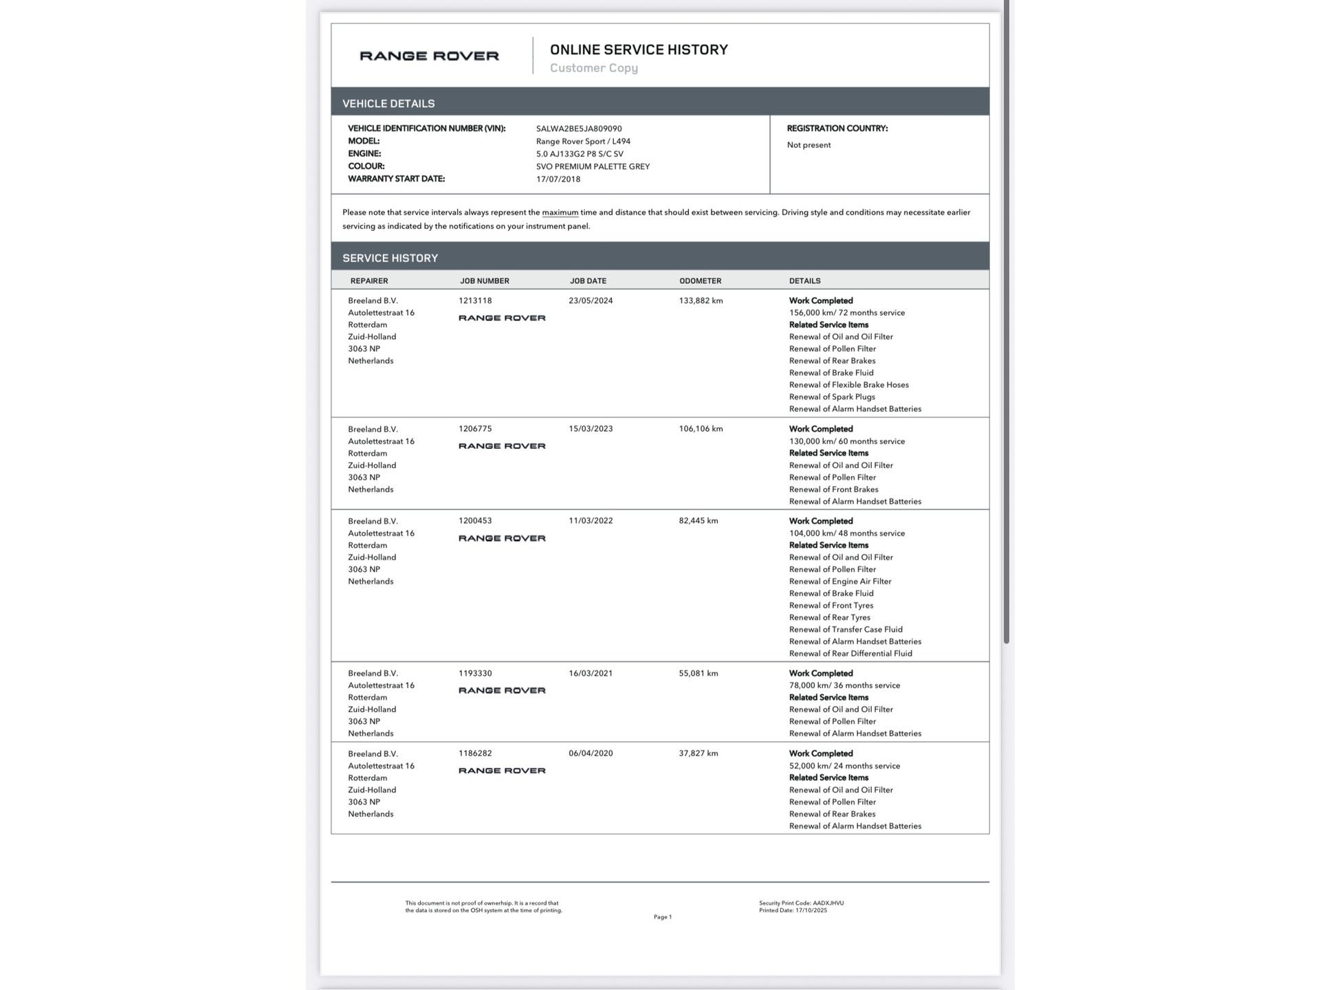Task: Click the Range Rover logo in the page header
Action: pos(429,56)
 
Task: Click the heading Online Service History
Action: pos(639,49)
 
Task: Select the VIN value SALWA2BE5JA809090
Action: pos(579,129)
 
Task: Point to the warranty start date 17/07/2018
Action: pos(558,179)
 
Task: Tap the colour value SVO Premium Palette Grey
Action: pos(593,166)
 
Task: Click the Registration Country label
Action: pos(837,129)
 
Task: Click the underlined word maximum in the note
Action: pos(560,212)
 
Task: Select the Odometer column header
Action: pos(700,280)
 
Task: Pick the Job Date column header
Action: pos(588,280)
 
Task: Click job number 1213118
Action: pos(475,300)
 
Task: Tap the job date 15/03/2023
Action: pos(591,428)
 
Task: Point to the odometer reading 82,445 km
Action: pos(698,520)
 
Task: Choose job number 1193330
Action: pos(475,673)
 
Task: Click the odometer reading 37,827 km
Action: pos(698,753)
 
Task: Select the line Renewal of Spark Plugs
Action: pos(832,397)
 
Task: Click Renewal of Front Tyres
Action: pos(831,606)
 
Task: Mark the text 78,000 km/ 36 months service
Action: pos(844,685)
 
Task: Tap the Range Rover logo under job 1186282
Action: pos(502,771)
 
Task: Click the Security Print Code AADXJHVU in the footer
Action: pos(801,903)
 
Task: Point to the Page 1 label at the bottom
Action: pos(663,917)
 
